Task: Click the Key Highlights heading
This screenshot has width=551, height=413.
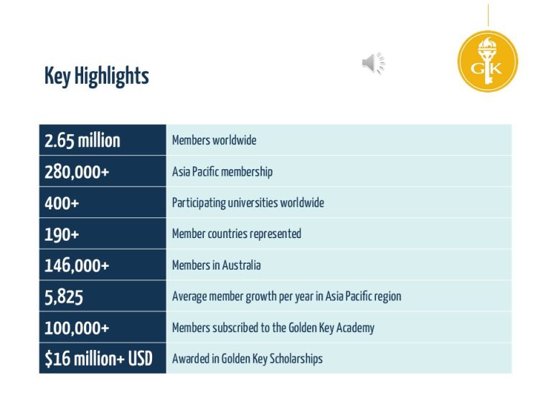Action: click(x=97, y=76)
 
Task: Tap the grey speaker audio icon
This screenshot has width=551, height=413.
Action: click(x=374, y=63)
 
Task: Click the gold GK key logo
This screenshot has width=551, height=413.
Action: click(x=488, y=62)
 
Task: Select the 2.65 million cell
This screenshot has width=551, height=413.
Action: click(x=103, y=140)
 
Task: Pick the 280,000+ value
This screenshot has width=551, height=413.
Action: click(x=77, y=172)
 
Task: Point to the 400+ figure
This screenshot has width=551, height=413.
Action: click(x=62, y=203)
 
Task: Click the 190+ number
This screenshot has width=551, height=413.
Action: click(x=62, y=234)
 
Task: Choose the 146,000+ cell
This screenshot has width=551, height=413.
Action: click(x=103, y=265)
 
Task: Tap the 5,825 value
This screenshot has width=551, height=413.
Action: click(x=64, y=297)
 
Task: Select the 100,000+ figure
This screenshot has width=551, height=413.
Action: click(x=77, y=328)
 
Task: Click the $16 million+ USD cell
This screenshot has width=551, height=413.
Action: click(x=103, y=359)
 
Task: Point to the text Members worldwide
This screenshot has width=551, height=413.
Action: click(x=214, y=140)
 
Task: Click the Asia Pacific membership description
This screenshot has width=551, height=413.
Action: click(x=222, y=172)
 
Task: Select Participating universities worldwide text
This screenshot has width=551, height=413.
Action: click(x=248, y=203)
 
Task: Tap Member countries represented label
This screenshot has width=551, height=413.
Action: click(x=237, y=234)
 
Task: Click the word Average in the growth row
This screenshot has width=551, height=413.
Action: click(x=189, y=296)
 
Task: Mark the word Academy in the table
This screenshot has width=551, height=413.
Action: click(x=355, y=328)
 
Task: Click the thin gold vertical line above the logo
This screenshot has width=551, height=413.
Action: click(x=488, y=15)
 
